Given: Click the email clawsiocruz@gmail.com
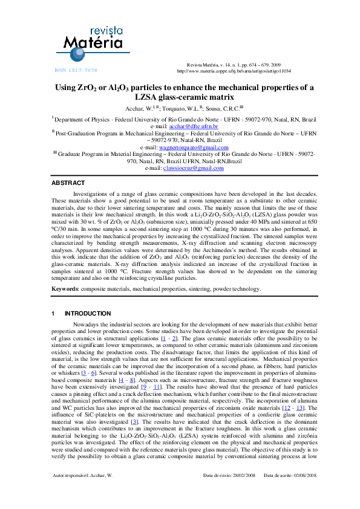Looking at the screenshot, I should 194,168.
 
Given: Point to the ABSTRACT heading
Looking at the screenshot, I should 68,182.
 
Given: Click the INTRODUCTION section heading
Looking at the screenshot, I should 88,313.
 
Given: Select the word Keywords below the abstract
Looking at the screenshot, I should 64,290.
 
